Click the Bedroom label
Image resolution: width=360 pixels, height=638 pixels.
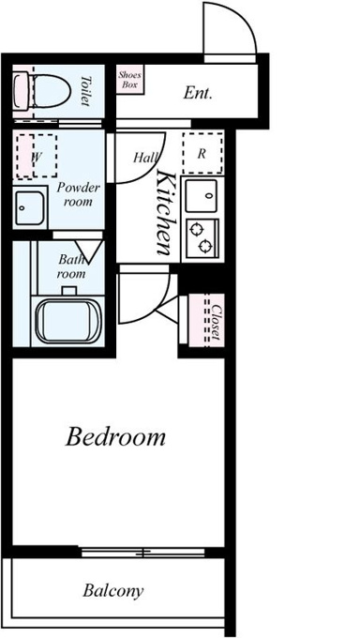click(x=115, y=437)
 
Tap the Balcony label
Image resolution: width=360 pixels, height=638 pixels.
click(x=113, y=590)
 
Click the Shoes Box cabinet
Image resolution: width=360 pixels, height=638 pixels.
click(x=130, y=80)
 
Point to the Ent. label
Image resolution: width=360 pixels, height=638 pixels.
click(x=198, y=93)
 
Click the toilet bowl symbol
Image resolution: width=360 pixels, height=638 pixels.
click(x=42, y=91)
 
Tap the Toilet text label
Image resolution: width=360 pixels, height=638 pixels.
click(x=85, y=91)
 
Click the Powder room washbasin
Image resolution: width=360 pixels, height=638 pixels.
click(x=30, y=208)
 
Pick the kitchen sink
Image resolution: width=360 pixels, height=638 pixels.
click(x=202, y=195)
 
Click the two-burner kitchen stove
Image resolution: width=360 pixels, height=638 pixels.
click(x=202, y=238)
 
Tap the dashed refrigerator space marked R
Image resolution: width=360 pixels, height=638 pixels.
click(x=202, y=153)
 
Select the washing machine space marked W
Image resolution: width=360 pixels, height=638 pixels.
click(x=37, y=156)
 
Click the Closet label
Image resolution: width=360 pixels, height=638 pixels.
click(x=217, y=322)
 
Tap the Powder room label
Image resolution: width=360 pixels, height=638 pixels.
click(x=78, y=194)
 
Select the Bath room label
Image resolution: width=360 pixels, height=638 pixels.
click(x=71, y=266)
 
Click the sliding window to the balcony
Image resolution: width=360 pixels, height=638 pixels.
click(x=142, y=552)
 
